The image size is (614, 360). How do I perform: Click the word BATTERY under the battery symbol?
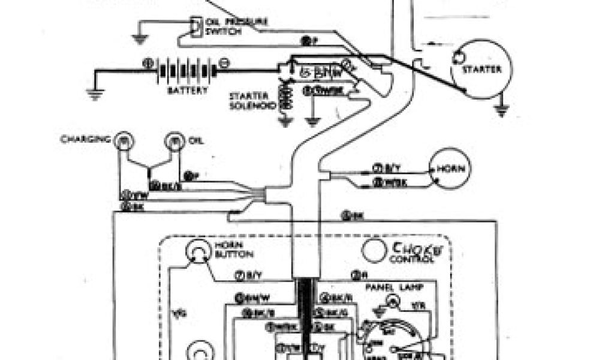pyautogui.click(x=188, y=91)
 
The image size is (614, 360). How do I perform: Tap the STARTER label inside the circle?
pyautogui.click(x=481, y=70)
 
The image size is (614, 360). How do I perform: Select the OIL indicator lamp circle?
pyautogui.click(x=174, y=142)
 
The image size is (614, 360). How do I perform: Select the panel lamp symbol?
pyautogui.click(x=393, y=300)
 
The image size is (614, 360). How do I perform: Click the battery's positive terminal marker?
pyautogui.click(x=147, y=62)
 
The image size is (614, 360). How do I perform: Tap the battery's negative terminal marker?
pyautogui.click(x=224, y=62)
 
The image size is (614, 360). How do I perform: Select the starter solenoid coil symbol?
pyautogui.click(x=285, y=96)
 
